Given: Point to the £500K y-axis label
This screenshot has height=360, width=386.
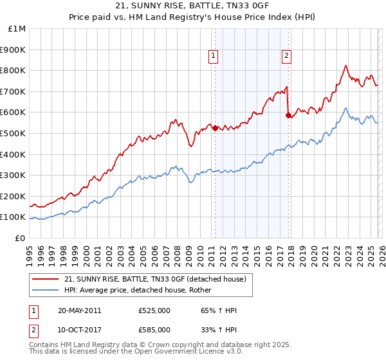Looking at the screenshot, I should [14, 134].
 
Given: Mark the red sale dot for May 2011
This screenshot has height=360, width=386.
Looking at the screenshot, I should [215, 128].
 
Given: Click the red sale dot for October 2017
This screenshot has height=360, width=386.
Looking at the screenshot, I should [288, 116].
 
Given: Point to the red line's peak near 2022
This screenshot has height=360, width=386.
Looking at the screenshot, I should [346, 66].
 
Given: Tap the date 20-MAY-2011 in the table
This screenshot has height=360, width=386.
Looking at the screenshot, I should [80, 310].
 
